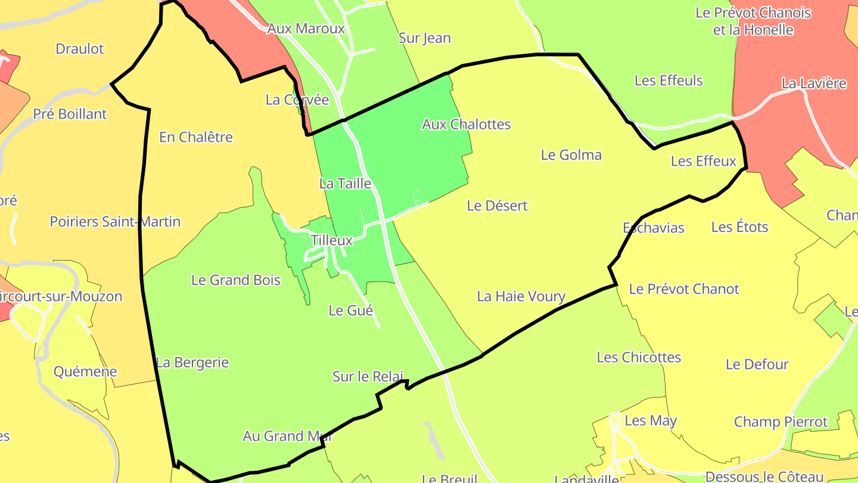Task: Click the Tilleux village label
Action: point(331,240)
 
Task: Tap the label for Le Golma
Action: point(571,155)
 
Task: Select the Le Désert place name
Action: point(497,206)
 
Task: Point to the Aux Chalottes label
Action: point(466,124)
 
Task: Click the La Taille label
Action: point(345,184)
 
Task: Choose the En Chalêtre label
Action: point(195,137)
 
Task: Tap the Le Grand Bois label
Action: point(235,280)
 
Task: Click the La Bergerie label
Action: point(192,363)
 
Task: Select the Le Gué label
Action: point(350,311)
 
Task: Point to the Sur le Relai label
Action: point(368,377)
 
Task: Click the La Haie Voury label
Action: point(521,296)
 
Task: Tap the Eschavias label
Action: point(653,228)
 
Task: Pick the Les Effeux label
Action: point(703,161)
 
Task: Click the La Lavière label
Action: point(813,83)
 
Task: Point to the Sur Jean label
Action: point(424,38)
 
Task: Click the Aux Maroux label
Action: point(306,29)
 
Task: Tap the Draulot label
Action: point(80,49)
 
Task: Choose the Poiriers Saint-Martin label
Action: point(115,222)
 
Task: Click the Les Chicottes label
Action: point(639,357)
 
